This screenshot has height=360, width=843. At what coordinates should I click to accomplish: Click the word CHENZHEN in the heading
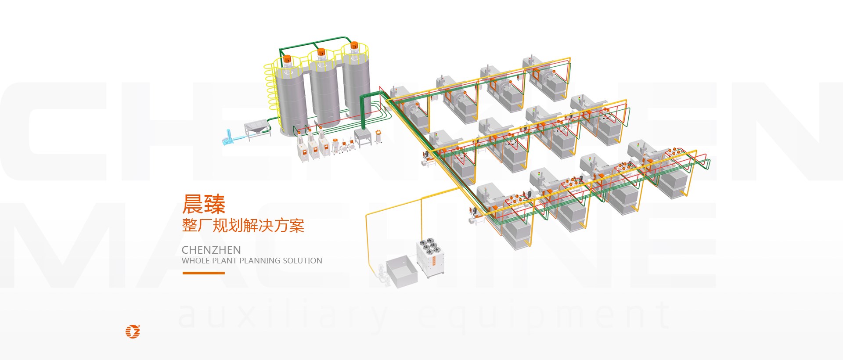pos(211,250)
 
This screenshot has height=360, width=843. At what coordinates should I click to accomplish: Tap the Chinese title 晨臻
pos(204,204)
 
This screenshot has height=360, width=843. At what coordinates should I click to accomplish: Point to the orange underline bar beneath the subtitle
pos(203,273)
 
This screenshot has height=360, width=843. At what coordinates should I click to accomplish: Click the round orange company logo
pos(133,331)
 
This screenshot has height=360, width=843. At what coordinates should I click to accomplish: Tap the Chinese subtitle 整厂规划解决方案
pos(243,226)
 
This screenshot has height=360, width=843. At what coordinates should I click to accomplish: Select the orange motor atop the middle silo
pos(321,52)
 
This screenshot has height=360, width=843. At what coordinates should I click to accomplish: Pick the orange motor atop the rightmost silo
pos(354,46)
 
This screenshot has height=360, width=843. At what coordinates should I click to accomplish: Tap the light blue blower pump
pos(230,137)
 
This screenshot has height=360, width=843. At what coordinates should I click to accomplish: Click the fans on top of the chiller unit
pos(428,246)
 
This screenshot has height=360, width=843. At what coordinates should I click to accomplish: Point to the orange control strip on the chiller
pos(434,261)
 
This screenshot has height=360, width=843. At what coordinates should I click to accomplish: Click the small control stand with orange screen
pos(378,136)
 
